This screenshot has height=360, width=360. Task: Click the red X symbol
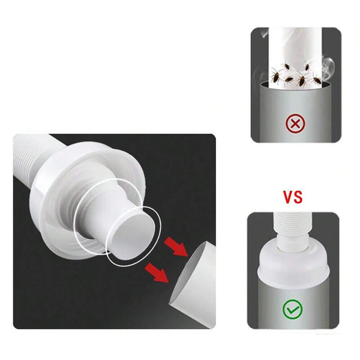coord(295,124)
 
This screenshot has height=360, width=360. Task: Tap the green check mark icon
coord(292,309)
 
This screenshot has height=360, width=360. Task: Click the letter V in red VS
coord(287,197)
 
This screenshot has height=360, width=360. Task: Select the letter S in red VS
coord(298,197)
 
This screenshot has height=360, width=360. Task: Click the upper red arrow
coord(176,246)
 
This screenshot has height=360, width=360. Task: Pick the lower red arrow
coord(157,272)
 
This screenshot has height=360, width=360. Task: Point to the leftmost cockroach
coord(276,76)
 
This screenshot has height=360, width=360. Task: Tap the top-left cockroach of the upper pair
coord(287,67)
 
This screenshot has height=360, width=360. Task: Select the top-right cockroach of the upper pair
coord(307,66)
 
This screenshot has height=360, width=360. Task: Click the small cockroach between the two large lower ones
coord(289,80)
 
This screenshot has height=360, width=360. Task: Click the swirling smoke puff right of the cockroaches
coord(327,67)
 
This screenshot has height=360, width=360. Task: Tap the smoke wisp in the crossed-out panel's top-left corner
coord(264,34)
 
